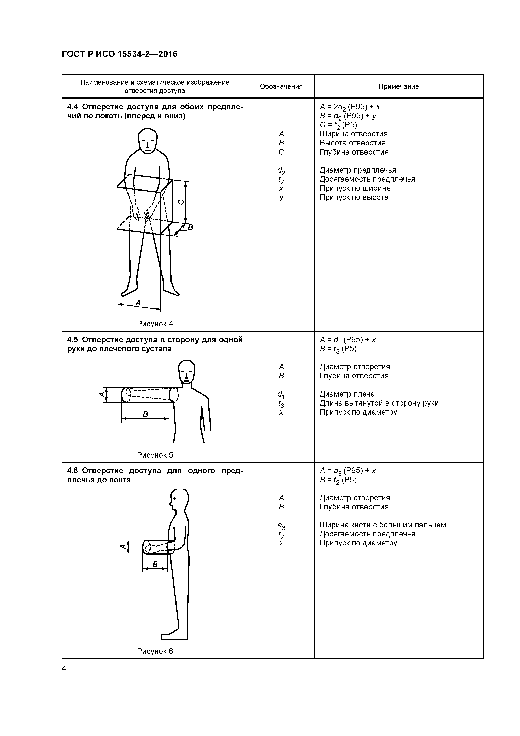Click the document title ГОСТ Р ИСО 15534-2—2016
click(x=120, y=54)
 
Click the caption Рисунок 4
click(x=155, y=324)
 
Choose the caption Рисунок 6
click(x=155, y=651)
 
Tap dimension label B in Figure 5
click(x=145, y=414)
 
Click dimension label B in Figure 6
click(x=155, y=564)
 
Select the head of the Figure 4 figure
click(x=147, y=141)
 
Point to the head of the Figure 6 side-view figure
click(x=179, y=501)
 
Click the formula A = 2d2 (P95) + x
click(x=350, y=107)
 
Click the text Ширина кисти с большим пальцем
click(x=382, y=525)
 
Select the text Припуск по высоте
click(x=354, y=197)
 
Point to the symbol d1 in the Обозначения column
click(x=281, y=394)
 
